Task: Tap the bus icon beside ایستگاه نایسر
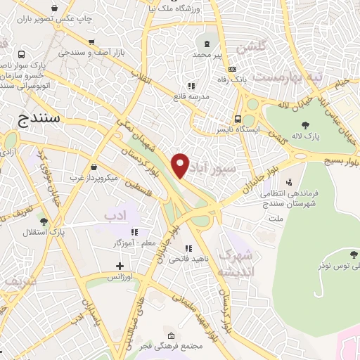(x=239, y=119)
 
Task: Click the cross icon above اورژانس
(x=120, y=266)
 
